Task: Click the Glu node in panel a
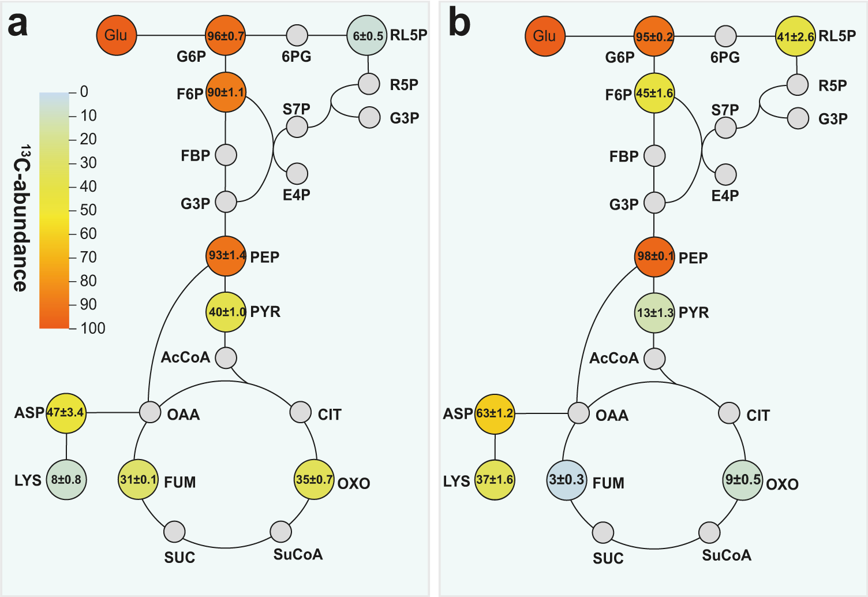[116, 35]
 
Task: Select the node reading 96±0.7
[226, 36]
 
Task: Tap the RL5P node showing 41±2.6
[795, 36]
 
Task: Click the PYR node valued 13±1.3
[654, 313]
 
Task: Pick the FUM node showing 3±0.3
[567, 480]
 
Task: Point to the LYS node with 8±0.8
[66, 480]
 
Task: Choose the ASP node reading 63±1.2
[495, 414]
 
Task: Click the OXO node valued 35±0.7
[314, 480]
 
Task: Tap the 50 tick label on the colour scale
[88, 210]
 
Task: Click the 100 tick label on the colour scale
[93, 329]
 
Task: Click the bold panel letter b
[459, 23]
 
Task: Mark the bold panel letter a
[17, 24]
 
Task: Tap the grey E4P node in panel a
[297, 174]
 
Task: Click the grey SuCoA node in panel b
[709, 532]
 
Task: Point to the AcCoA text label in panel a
[185, 357]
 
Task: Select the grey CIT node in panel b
[729, 413]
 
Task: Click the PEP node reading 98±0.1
[654, 256]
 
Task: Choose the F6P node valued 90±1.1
[226, 92]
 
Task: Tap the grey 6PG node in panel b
[725, 36]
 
